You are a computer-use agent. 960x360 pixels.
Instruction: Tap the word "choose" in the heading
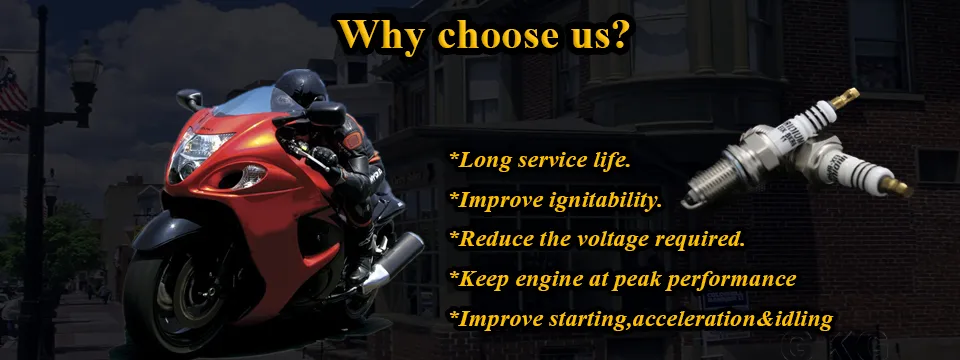tap(491, 36)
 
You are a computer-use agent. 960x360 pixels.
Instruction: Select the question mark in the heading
tap(617, 33)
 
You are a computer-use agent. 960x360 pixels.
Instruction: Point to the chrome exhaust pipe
tap(392, 261)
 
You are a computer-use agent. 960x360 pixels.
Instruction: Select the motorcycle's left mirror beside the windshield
tap(190, 99)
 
